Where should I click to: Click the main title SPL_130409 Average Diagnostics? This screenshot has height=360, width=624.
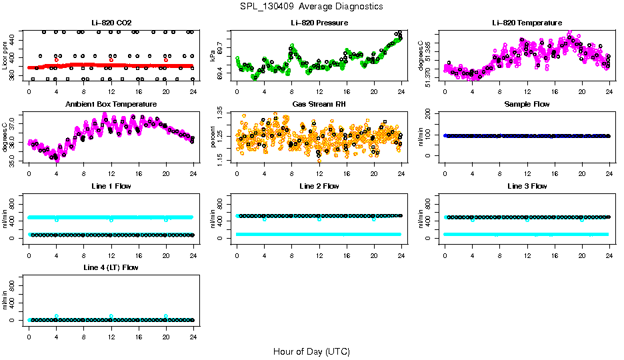click(312, 6)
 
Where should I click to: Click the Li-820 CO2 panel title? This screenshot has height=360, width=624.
click(111, 23)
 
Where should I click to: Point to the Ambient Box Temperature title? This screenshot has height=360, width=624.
click(111, 104)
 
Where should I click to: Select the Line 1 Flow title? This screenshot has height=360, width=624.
click(111, 186)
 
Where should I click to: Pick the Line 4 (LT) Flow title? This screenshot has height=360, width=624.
click(111, 267)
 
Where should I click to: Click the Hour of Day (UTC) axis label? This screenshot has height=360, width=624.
click(311, 351)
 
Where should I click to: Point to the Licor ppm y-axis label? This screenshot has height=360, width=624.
click(5, 55)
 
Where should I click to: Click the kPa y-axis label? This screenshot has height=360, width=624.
click(213, 55)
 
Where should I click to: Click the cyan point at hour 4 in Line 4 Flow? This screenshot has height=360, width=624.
click(57, 316)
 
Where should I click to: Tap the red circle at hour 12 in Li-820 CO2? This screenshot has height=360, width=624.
click(111, 60)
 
